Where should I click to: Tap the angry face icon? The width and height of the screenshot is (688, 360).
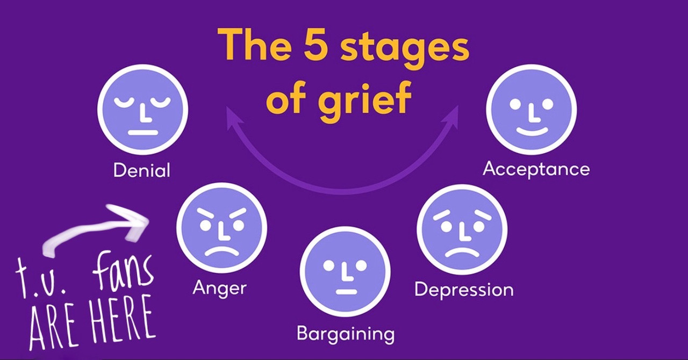point(221,229)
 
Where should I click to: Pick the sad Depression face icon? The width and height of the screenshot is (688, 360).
point(462,229)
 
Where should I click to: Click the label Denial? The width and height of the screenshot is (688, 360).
point(142,170)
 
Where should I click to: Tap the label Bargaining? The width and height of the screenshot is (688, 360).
point(346,334)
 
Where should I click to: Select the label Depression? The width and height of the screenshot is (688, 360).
point(464,290)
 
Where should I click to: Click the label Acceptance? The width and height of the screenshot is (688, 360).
point(536,169)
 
